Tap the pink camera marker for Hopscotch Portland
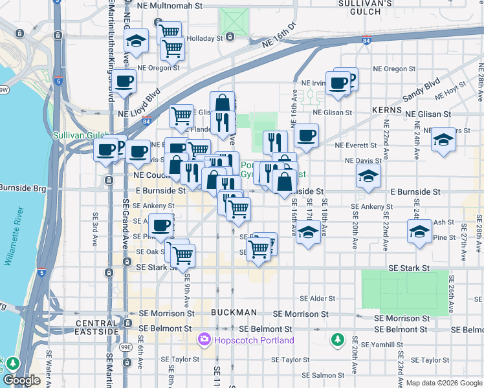(204, 339)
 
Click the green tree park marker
(336, 339)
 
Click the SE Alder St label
(317, 299)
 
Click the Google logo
(22, 381)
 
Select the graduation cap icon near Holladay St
(137, 43)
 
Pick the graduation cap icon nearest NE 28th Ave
(443, 139)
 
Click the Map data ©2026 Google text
(444, 383)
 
